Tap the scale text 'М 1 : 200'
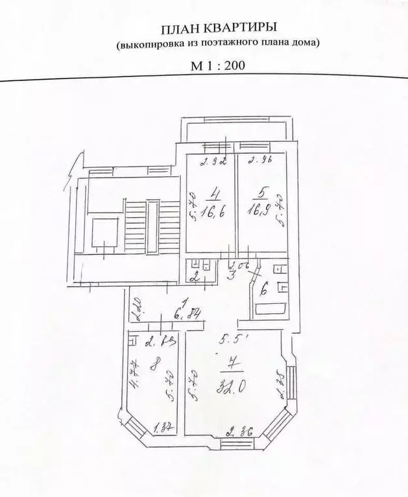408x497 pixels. pyautogui.click(x=217, y=65)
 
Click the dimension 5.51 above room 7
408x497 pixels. pyautogui.click(x=232, y=338)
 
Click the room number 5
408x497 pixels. pyautogui.click(x=260, y=192)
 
